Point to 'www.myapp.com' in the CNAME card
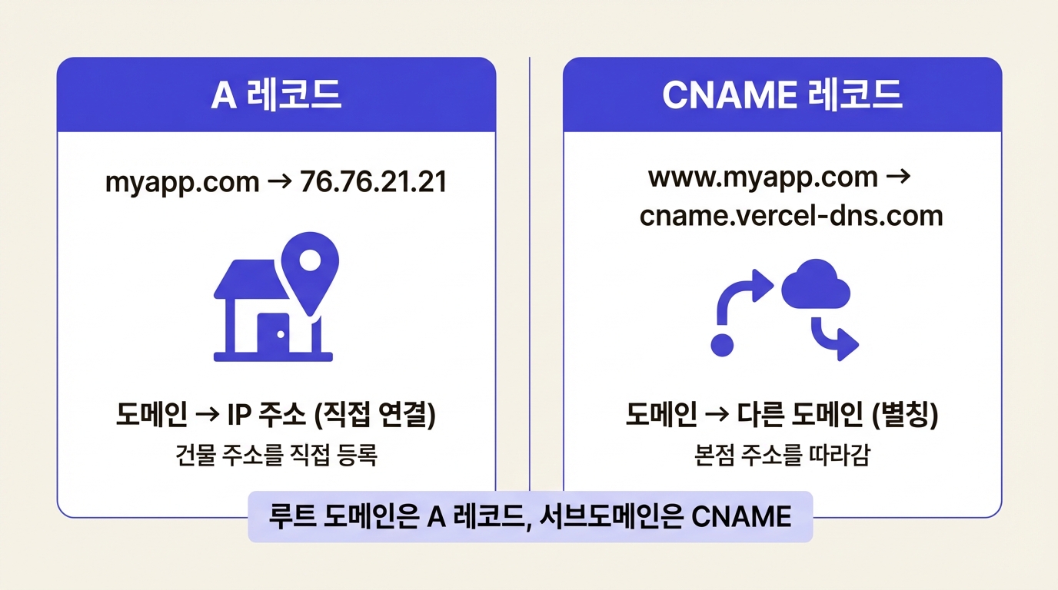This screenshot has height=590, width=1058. tap(763, 177)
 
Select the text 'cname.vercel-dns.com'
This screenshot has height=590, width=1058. tap(791, 215)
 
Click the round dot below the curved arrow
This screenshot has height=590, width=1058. tap(722, 345)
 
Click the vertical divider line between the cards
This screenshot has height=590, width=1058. tap(530, 269)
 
